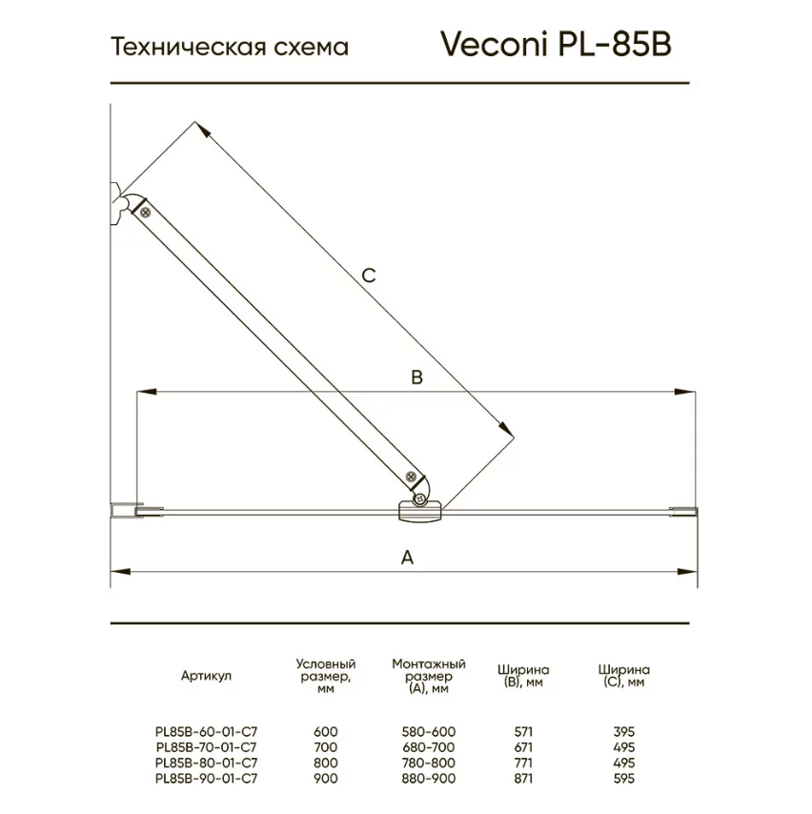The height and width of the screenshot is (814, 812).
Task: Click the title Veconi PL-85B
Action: pos(556,44)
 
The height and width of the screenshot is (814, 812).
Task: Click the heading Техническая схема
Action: pos(230,47)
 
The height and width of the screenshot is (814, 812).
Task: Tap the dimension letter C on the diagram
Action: pos(369,275)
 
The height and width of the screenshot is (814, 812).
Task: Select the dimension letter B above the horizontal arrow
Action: pos(416,376)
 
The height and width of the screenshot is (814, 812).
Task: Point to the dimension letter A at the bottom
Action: pos(408,558)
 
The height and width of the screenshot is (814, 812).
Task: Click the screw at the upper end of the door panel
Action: pos(146,212)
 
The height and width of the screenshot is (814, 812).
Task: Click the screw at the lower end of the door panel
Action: pos(411,476)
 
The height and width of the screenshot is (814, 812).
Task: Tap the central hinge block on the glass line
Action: pos(419,511)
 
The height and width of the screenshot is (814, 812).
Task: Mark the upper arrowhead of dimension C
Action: pos(204,131)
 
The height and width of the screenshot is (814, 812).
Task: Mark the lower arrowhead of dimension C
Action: pos(505,429)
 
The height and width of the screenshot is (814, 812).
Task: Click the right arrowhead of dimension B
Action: pos(685,392)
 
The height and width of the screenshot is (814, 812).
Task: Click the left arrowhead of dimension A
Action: pos(121,572)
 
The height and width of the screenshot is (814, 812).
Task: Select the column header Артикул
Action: pos(206,676)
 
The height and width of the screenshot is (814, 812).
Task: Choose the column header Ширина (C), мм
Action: pos(624,676)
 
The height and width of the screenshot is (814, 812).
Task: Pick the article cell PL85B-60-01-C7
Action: pos(207,731)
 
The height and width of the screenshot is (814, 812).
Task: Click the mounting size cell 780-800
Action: pos(429,763)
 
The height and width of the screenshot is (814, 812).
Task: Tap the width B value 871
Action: pos(523,778)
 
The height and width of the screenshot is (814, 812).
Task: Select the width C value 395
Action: pos(624,731)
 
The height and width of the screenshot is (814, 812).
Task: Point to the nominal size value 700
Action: pos(326,747)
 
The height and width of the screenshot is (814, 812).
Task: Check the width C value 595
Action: pos(624,778)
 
